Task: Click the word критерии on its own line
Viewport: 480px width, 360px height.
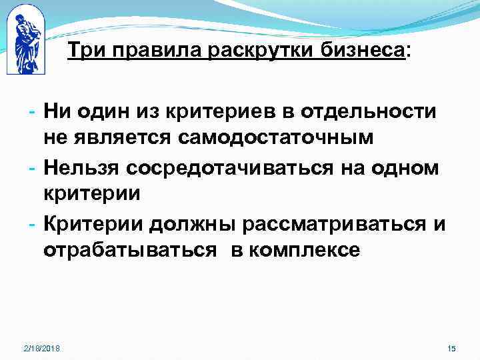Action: point(91,194)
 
